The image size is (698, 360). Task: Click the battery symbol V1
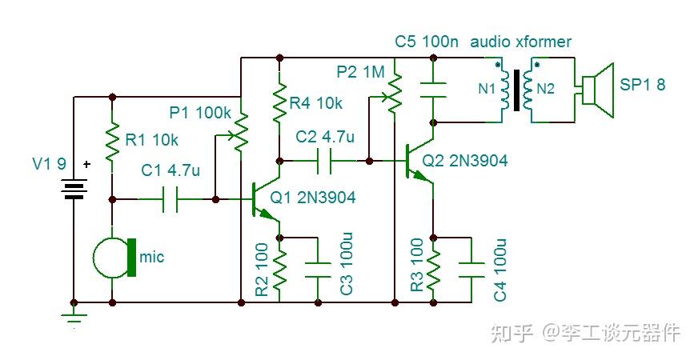click(74, 189)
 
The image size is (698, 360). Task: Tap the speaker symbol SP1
click(596, 87)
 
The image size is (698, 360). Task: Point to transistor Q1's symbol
click(262, 198)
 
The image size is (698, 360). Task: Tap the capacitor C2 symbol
click(323, 161)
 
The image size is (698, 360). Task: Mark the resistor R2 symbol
click(279, 269)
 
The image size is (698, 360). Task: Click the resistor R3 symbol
click(433, 269)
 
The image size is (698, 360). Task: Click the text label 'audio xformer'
click(521, 42)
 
